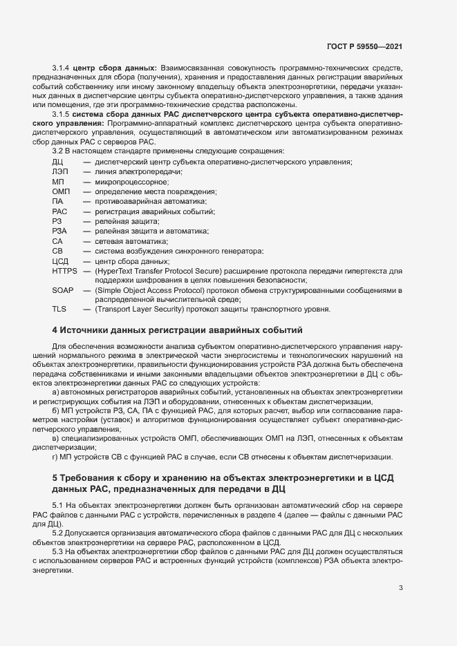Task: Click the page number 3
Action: pyautogui.click(x=400, y=589)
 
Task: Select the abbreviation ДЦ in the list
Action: pyautogui.click(x=58, y=162)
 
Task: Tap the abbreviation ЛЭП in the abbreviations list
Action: pyautogui.click(x=60, y=171)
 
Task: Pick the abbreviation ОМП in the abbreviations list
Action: pyautogui.click(x=61, y=191)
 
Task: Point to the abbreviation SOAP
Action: pyautogui.click(x=62, y=290)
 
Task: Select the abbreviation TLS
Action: pyautogui.click(x=59, y=310)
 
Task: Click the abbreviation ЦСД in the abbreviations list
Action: pyautogui.click(x=61, y=261)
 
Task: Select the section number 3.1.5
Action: pyautogui.click(x=62, y=112)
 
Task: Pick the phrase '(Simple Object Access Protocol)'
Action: pyautogui.click(x=149, y=290)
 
